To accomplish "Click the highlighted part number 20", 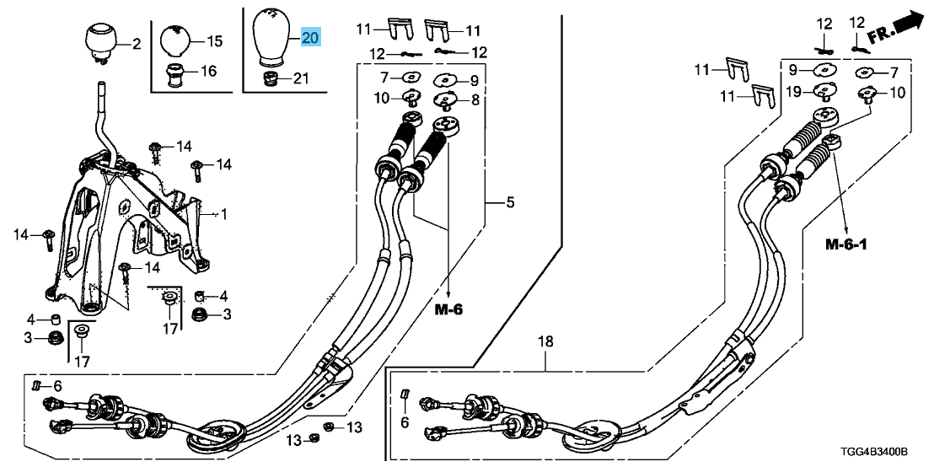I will click(x=310, y=37).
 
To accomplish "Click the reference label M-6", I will click(x=449, y=310).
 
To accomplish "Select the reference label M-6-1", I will click(x=845, y=244).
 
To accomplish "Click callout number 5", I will click(x=510, y=202).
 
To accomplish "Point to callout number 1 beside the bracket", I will click(x=223, y=215).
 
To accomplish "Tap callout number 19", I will click(x=795, y=91).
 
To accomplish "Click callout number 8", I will click(x=475, y=99).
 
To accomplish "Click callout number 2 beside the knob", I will click(x=136, y=42).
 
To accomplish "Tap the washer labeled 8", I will click(x=446, y=102).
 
